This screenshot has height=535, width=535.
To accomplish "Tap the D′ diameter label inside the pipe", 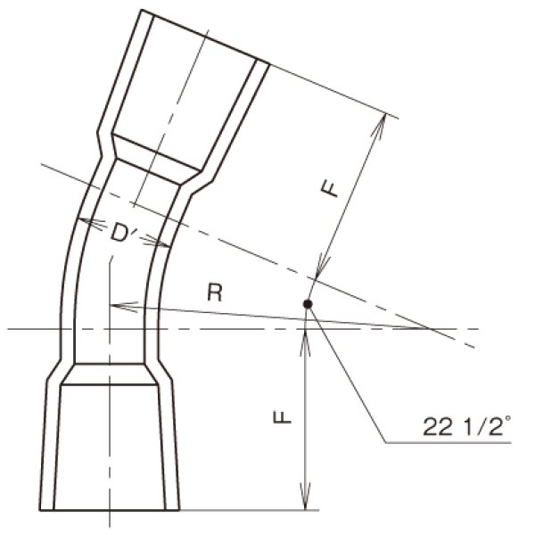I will (x=122, y=233).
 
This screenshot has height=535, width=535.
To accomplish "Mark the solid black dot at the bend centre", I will (x=308, y=305).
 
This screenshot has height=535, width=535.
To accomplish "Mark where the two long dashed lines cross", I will (x=432, y=329).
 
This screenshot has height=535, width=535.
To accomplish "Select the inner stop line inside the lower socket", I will (x=111, y=386).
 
